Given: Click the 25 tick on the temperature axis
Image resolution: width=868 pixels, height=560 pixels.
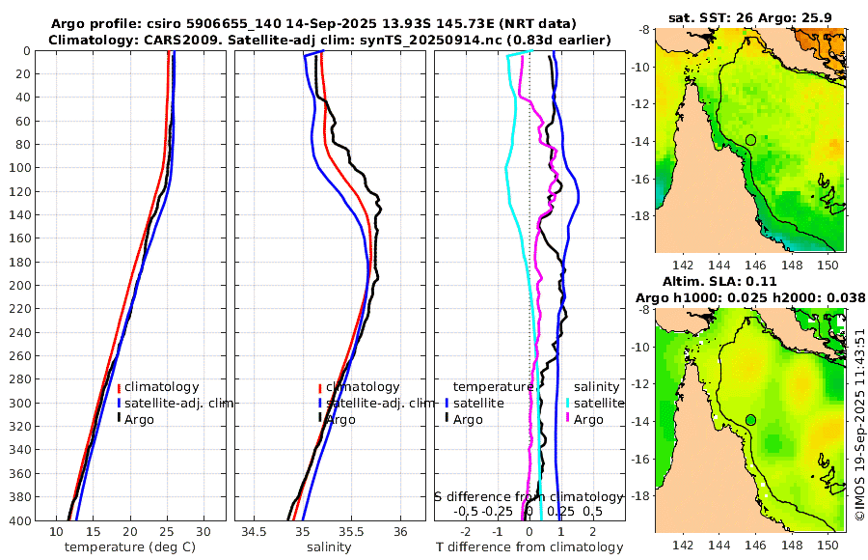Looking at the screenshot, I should (x=167, y=532).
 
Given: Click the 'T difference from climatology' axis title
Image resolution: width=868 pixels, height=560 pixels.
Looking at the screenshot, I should (x=530, y=547).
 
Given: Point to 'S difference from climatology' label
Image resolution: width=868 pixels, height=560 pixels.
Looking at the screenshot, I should (x=529, y=495).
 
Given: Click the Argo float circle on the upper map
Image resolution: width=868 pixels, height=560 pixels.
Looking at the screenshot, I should (x=751, y=140).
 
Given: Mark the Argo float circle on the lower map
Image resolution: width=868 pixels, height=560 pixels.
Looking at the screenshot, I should (x=751, y=420).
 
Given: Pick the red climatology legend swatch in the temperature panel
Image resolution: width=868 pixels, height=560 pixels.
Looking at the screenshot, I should (x=119, y=387).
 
